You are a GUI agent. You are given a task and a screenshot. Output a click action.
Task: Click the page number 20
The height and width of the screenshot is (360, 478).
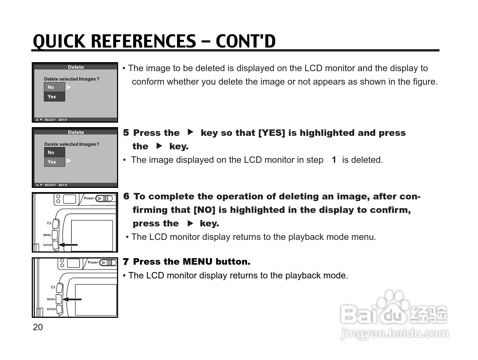[x=38, y=327]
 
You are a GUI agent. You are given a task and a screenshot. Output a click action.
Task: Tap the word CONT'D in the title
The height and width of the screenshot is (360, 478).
[x=245, y=41]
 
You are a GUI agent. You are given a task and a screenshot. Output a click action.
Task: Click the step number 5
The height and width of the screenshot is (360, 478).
[x=126, y=133]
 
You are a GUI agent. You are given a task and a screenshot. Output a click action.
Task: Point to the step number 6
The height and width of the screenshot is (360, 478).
[x=126, y=196]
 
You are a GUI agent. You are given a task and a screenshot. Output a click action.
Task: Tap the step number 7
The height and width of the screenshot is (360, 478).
[x=126, y=262]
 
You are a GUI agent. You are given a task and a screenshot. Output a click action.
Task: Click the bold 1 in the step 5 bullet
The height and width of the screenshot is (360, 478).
[x=334, y=160]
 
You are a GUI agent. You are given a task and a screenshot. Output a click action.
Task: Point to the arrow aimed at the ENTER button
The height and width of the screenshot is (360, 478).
[x=68, y=245]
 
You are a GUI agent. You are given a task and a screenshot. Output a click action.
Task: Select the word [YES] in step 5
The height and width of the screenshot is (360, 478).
[x=271, y=133]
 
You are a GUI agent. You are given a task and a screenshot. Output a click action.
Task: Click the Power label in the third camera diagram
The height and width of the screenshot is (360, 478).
[x=89, y=198]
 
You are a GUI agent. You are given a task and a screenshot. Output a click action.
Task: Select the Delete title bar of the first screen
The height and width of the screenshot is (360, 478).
[x=76, y=67]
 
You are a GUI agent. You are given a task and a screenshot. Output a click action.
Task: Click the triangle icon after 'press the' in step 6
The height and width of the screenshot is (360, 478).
[x=190, y=224]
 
